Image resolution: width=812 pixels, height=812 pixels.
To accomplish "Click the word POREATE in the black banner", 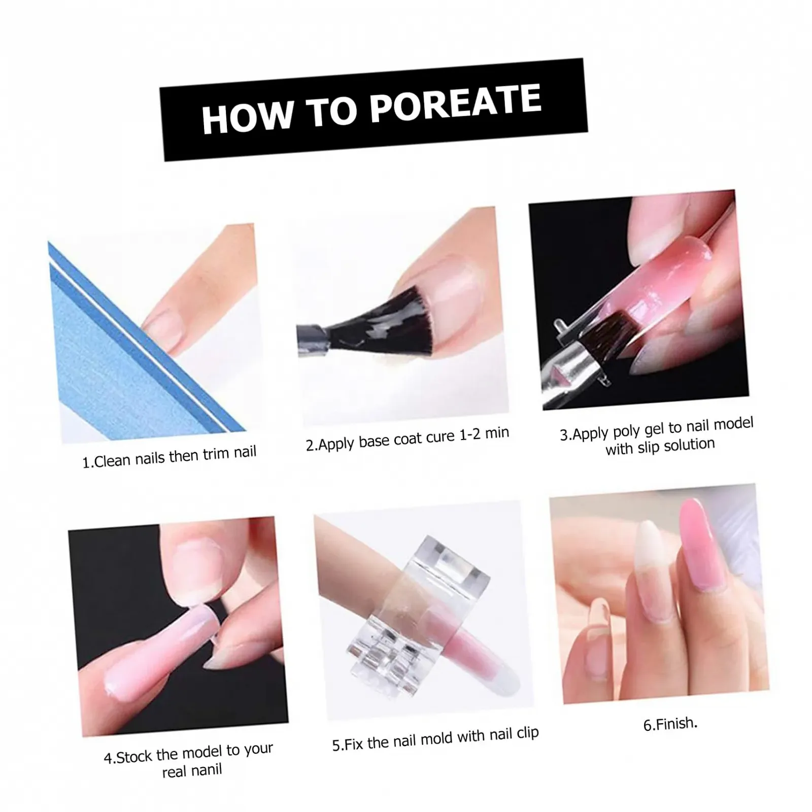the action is point(455,104).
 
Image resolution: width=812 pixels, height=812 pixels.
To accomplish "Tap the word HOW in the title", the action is point(247,116).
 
